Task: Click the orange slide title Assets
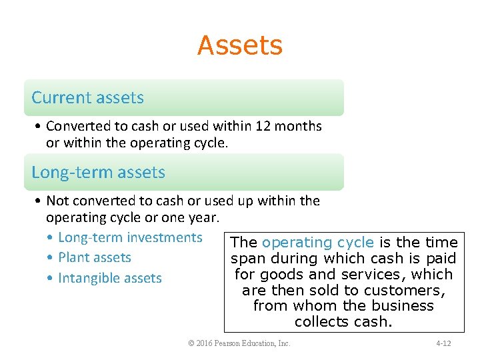240,45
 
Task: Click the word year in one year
204,217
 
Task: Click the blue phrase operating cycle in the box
318,243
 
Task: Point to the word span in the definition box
246,259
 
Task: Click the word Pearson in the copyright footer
235,344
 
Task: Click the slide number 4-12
443,344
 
